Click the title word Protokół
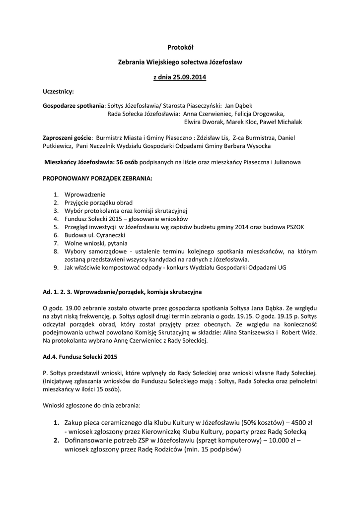click(180, 47)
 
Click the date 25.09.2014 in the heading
click(190, 77)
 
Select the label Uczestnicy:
click(58, 92)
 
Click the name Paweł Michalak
click(283, 122)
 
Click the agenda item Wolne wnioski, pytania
click(96, 243)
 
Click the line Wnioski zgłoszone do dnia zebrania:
click(91, 405)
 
